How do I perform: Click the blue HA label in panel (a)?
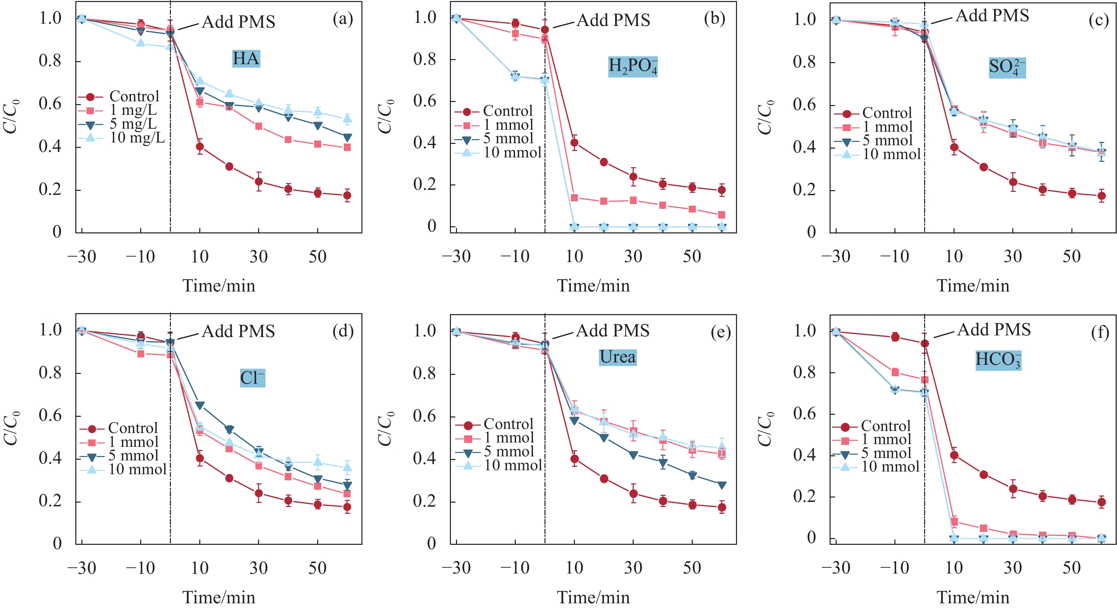click(x=246, y=58)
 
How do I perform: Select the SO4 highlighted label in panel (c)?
click(x=1007, y=67)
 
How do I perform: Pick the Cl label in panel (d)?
click(x=252, y=378)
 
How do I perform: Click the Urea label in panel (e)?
click(x=617, y=357)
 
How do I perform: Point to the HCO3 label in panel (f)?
click(x=998, y=360)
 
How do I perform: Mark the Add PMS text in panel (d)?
click(x=238, y=331)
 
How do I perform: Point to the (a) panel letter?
click(x=342, y=19)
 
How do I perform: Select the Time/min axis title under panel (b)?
click(x=593, y=286)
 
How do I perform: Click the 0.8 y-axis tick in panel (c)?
click(x=804, y=62)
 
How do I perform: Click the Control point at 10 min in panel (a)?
click(x=200, y=147)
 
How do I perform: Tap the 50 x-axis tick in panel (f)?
click(x=1071, y=568)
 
